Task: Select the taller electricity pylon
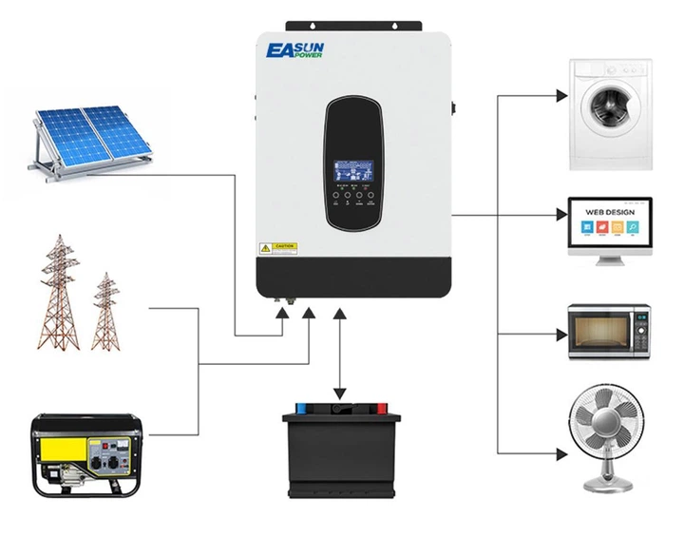54,296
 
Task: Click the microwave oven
609,332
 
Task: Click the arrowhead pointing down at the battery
339,393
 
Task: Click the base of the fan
609,484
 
